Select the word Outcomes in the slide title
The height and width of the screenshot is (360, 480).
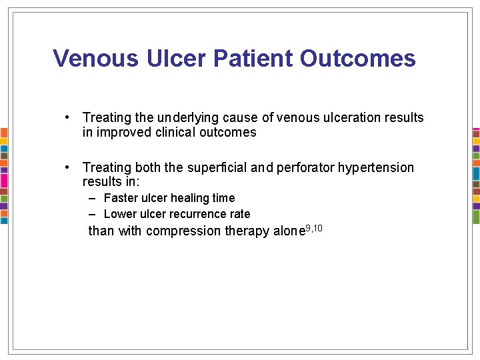coord(358,59)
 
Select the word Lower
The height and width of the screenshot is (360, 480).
coord(120,214)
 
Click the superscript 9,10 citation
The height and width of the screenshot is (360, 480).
coord(313,228)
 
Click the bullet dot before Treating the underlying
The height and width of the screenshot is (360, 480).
coord(68,117)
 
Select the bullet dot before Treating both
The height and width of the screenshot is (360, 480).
coord(68,167)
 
